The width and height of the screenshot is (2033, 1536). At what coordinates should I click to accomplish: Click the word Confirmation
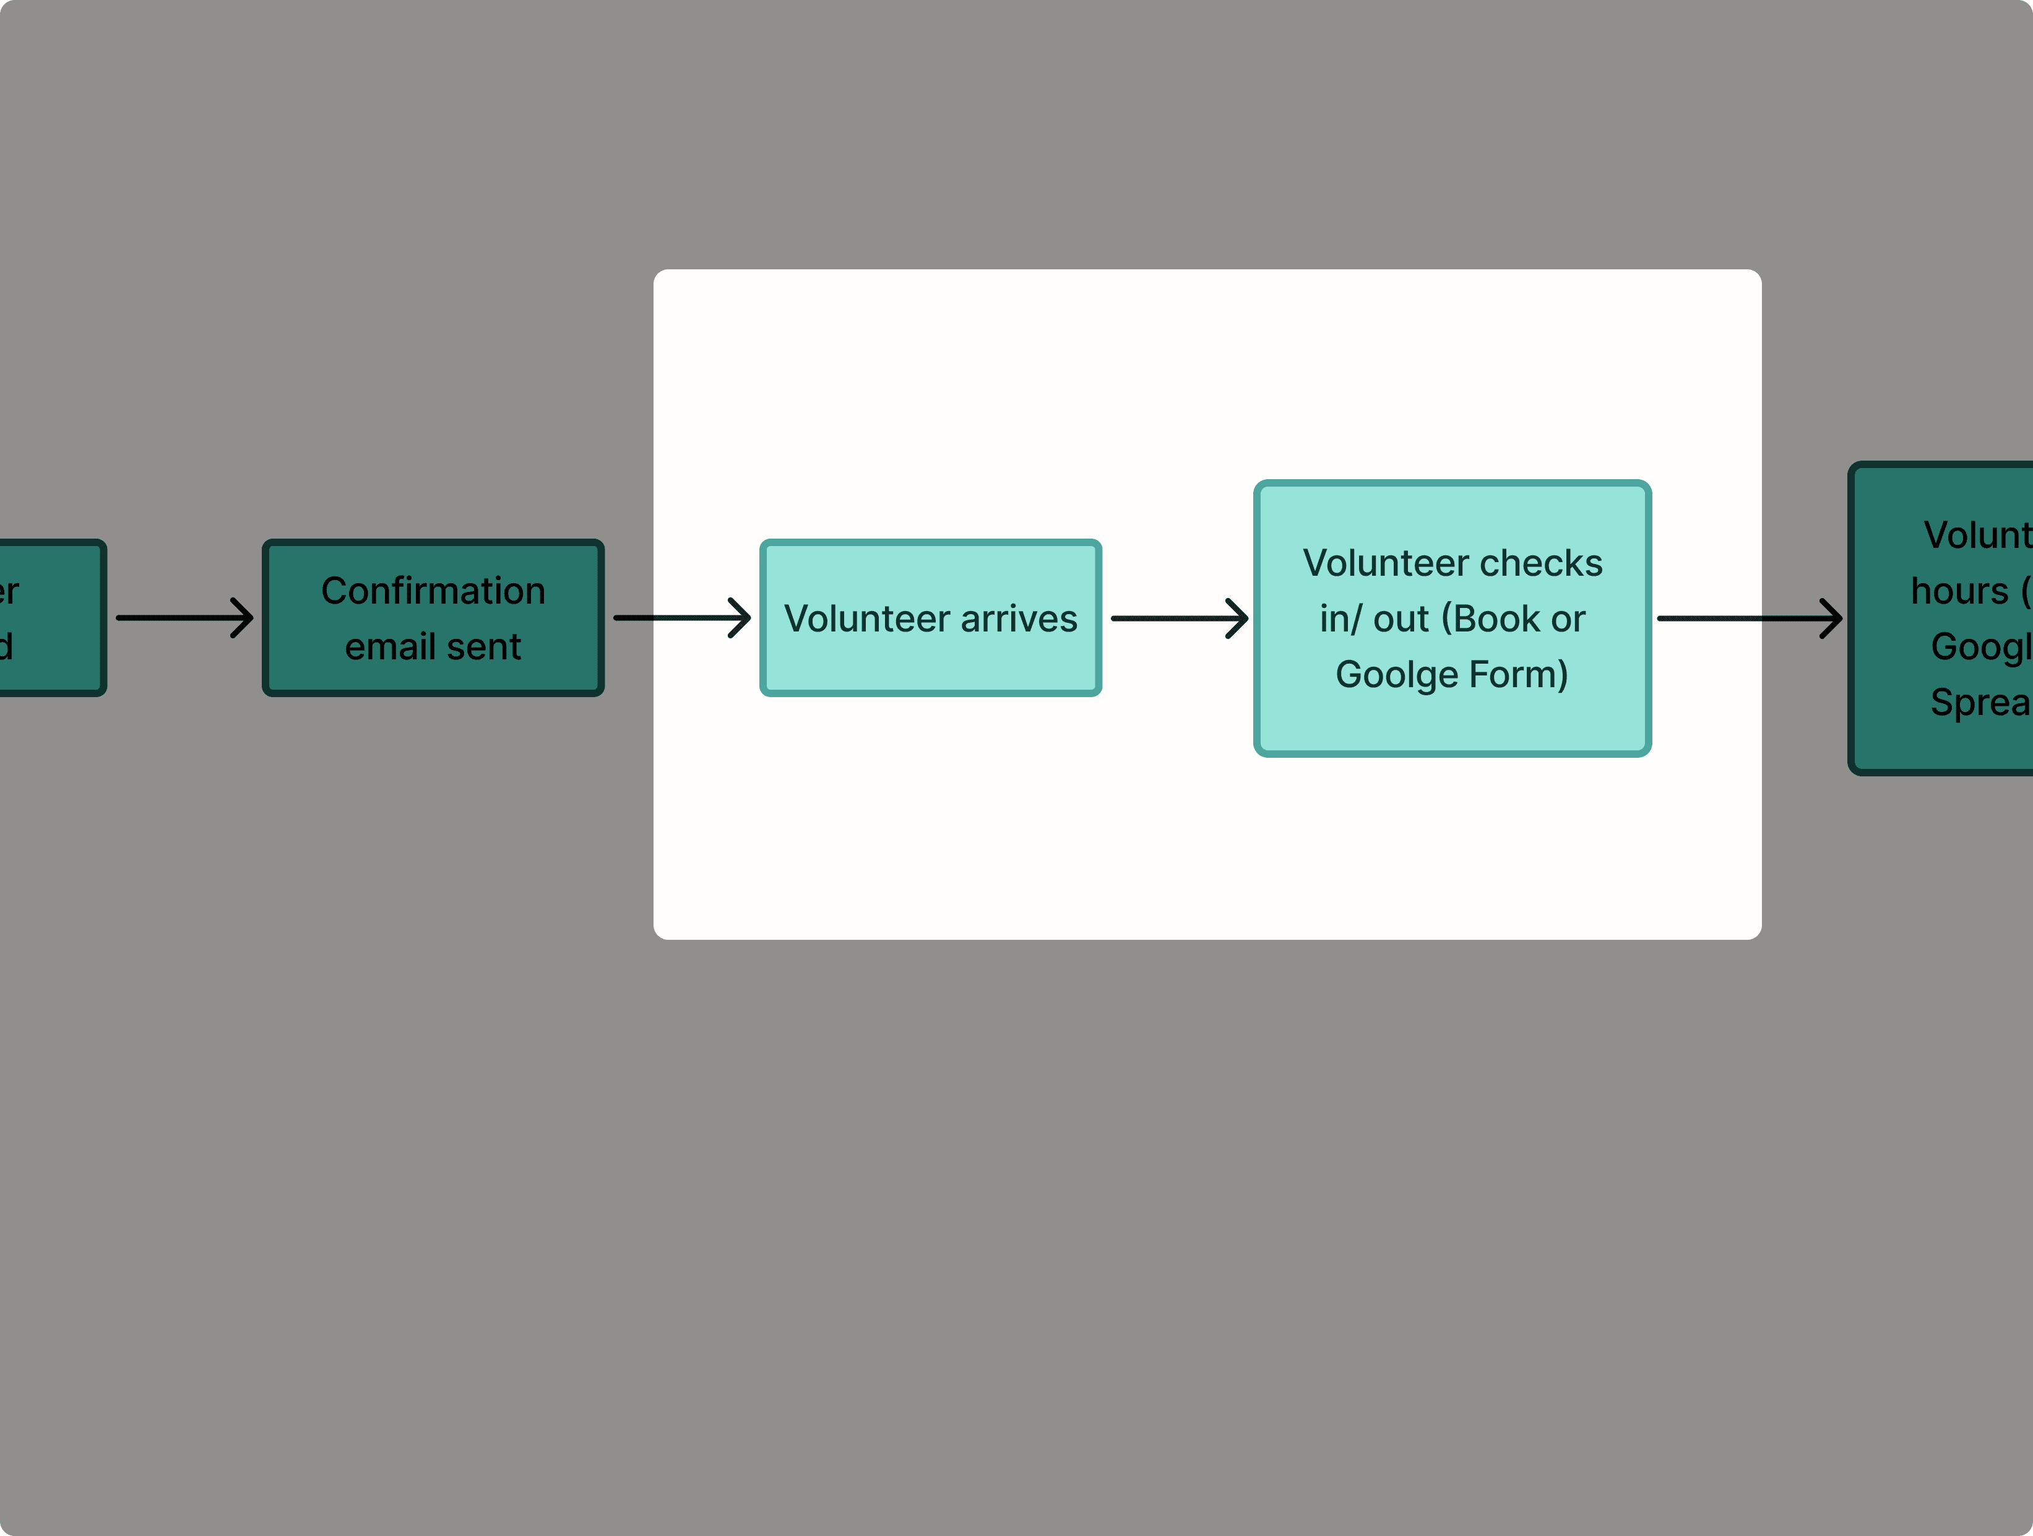coord(433,591)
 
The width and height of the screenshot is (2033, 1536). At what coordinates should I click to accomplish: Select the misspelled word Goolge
coord(1396,675)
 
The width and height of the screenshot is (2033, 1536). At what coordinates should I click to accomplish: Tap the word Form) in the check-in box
coord(1518,675)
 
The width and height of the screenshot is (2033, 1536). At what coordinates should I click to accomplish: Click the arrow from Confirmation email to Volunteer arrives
coord(682,618)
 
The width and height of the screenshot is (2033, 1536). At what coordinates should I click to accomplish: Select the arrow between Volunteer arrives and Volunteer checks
coord(1179,618)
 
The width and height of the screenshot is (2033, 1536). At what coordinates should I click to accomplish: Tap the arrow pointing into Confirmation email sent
coord(184,618)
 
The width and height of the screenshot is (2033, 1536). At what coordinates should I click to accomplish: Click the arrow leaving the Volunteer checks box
coord(1749,618)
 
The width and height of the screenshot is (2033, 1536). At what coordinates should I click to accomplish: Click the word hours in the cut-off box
coord(1959,591)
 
